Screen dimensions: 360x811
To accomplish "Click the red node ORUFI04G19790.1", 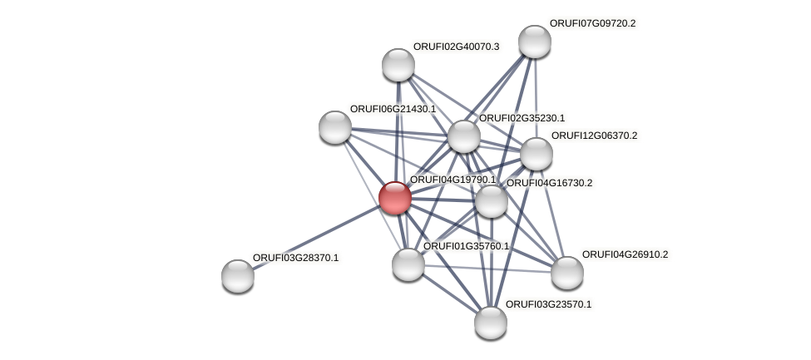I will (394, 198).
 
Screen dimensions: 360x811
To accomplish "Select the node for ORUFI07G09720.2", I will (534, 42).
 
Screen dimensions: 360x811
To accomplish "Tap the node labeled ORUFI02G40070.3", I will (398, 65).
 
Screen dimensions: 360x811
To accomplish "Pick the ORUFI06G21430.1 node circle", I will (335, 126).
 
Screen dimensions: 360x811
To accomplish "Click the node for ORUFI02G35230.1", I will (463, 137).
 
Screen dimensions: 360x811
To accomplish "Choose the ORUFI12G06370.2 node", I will (536, 154).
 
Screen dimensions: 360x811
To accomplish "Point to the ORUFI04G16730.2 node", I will (491, 201).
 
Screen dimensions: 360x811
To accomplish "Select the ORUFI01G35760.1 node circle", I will (408, 264).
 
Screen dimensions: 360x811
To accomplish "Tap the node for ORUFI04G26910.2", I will (566, 273).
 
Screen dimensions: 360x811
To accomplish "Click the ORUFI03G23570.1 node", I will (490, 323).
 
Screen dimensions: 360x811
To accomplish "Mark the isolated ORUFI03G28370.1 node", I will (238, 276).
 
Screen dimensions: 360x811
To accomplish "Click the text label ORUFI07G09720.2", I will (592, 23).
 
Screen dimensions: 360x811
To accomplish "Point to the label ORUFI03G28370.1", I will (295, 258).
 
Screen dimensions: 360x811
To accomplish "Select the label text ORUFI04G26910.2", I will (625, 254).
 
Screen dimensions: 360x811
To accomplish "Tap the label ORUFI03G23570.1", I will (548, 304).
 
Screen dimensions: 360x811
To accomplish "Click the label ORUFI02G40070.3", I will (456, 47).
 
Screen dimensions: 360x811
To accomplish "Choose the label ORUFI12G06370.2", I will (594, 136).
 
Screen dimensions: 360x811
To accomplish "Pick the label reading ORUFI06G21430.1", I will (393, 109).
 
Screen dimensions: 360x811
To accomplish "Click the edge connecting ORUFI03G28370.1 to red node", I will (316, 237).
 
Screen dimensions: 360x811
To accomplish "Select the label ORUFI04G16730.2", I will (549, 183).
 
